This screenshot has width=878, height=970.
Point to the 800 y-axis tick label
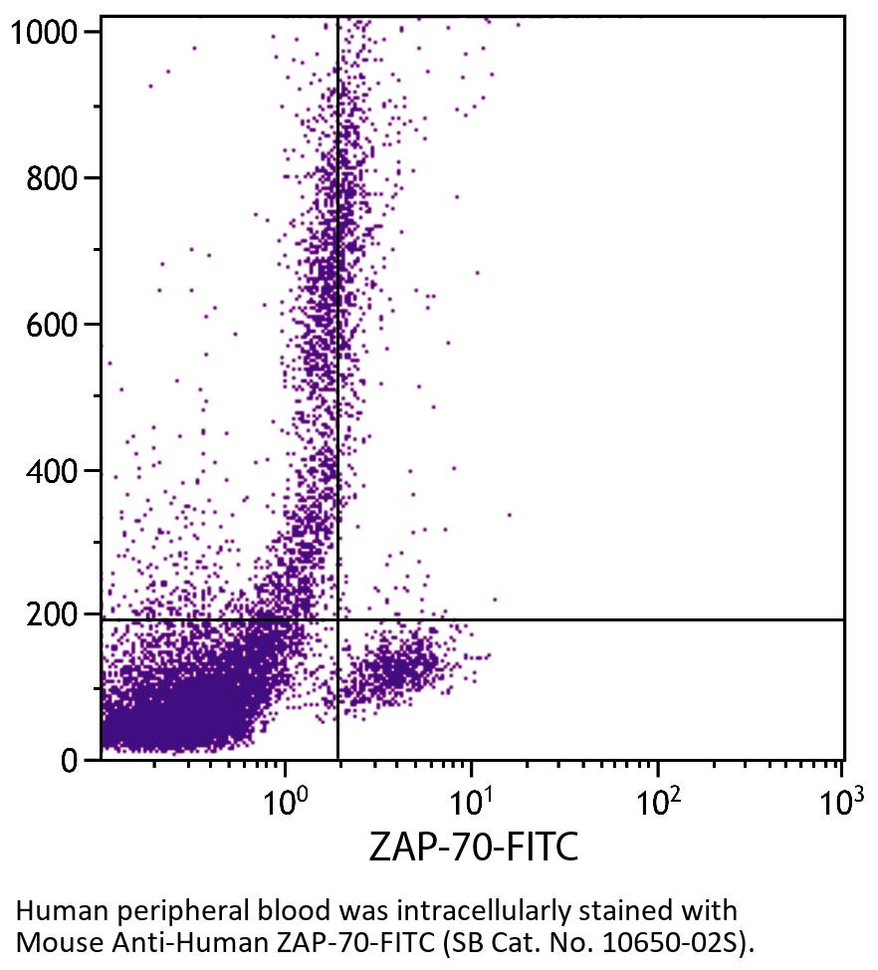(53, 178)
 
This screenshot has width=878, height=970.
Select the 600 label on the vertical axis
(53, 325)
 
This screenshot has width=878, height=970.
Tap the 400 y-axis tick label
(53, 470)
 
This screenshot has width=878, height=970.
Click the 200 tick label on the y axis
(53, 615)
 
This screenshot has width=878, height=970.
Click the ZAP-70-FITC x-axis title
(474, 848)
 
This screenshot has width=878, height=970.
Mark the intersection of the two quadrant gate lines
(338, 619)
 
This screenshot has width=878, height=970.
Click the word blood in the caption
(275, 910)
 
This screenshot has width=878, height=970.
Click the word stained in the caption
(602, 910)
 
